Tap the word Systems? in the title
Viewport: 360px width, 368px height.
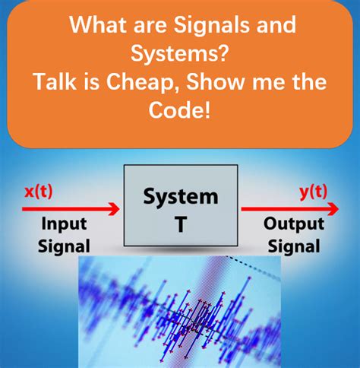pos(180,53)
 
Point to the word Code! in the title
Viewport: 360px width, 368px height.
pos(179,109)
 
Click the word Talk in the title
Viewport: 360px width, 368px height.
pos(55,81)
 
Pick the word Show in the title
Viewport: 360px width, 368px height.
pos(216,81)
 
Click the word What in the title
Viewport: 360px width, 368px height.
pos(97,24)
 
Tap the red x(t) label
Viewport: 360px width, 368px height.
pos(39,192)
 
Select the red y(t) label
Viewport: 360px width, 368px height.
pos(314,192)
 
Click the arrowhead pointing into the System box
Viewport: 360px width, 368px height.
pos(115,209)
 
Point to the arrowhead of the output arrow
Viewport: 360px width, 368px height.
pos(333,209)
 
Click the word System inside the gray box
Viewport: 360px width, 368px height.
pos(181,197)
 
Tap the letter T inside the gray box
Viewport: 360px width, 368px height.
pos(181,224)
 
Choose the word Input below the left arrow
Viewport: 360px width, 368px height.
pos(65,224)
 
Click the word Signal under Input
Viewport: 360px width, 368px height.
pos(64,246)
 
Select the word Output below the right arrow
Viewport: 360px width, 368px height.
pos(294,224)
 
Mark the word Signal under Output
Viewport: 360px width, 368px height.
pos(294,246)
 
